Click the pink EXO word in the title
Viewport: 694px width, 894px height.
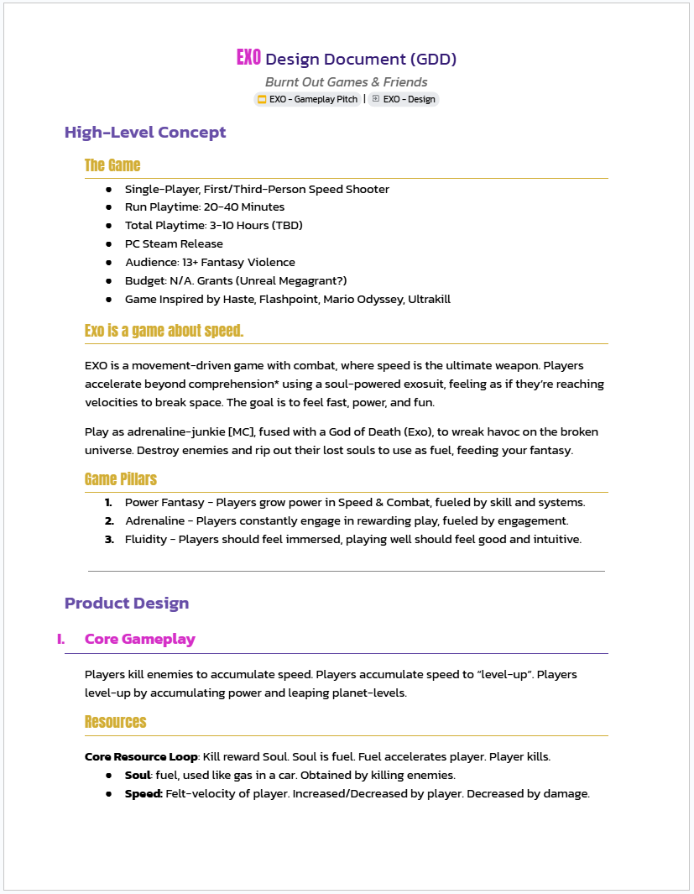pyautogui.click(x=248, y=58)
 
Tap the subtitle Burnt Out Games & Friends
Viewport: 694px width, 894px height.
pyautogui.click(x=346, y=82)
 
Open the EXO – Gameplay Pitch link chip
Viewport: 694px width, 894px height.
pyautogui.click(x=308, y=99)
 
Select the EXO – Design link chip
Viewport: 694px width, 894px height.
pyautogui.click(x=404, y=99)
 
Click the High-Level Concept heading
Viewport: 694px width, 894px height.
pyautogui.click(x=145, y=133)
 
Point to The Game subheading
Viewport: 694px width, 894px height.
pyautogui.click(x=112, y=165)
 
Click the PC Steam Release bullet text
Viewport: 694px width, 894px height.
pyautogui.click(x=174, y=243)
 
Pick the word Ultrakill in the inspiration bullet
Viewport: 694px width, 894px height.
pyautogui.click(x=429, y=299)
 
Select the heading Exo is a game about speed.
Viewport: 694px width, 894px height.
pyautogui.click(x=164, y=331)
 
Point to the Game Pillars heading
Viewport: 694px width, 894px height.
pyautogui.click(x=121, y=479)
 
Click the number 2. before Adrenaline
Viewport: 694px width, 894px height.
pyautogui.click(x=109, y=520)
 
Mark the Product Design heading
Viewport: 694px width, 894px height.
pyautogui.click(x=127, y=603)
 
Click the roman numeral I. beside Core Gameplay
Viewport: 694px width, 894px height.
pyautogui.click(x=61, y=639)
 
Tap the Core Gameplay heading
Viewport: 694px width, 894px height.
pyautogui.click(x=140, y=639)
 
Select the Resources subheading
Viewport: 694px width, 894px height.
pyautogui.click(x=116, y=722)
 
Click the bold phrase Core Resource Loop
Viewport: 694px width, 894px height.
pyautogui.click(x=141, y=756)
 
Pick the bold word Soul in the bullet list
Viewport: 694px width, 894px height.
pyautogui.click(x=137, y=775)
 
